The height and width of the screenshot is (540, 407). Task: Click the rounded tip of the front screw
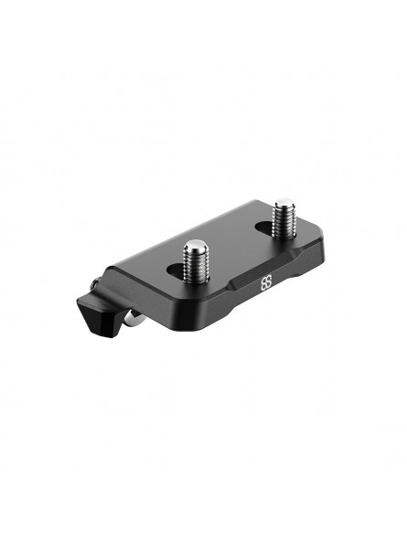(195, 244)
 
